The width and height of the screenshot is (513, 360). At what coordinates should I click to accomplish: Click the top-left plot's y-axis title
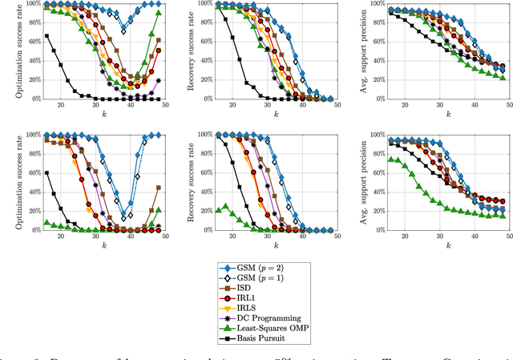pos(6,51)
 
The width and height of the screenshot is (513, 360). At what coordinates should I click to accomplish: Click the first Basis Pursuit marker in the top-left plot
pos(47,35)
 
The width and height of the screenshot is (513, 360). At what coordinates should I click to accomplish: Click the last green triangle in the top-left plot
pos(158,13)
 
